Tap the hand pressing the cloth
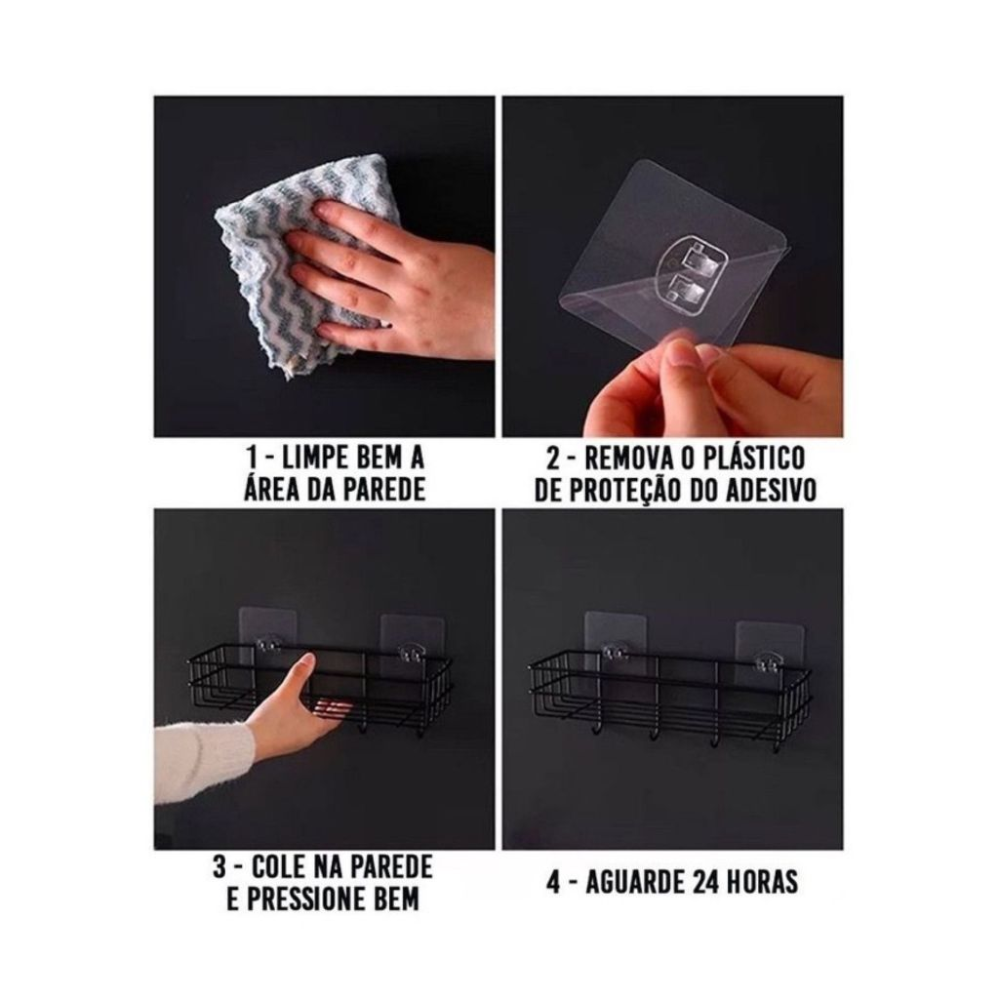click(395, 274)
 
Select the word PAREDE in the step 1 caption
click(384, 490)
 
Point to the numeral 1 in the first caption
click(253, 458)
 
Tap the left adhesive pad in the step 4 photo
click(615, 640)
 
